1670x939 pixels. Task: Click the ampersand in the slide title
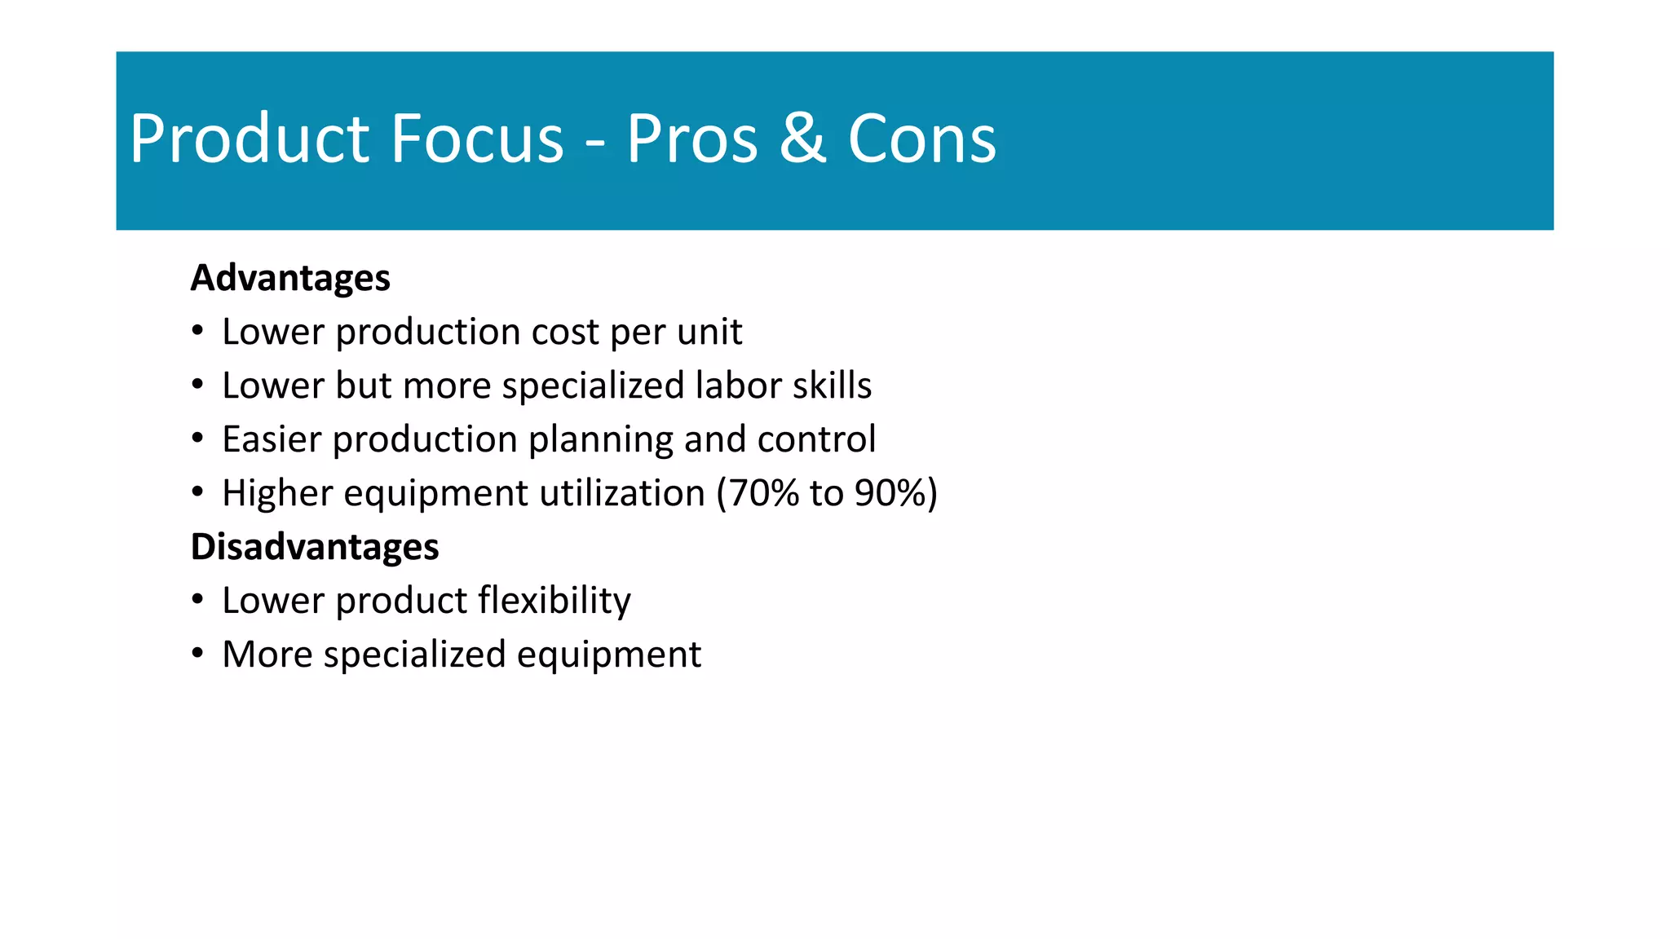[x=802, y=139]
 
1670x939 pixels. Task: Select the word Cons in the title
[x=921, y=139]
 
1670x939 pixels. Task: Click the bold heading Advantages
[x=290, y=278]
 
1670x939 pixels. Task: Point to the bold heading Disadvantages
[x=315, y=547]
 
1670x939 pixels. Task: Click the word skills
[x=833, y=386]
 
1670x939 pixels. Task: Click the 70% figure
[x=762, y=493]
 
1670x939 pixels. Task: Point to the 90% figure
[x=891, y=493]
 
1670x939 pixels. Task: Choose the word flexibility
[x=554, y=602]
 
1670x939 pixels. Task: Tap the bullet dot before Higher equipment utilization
[x=197, y=492]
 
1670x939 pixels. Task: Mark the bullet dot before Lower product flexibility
[x=197, y=600]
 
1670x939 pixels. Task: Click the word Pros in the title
[x=692, y=139]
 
